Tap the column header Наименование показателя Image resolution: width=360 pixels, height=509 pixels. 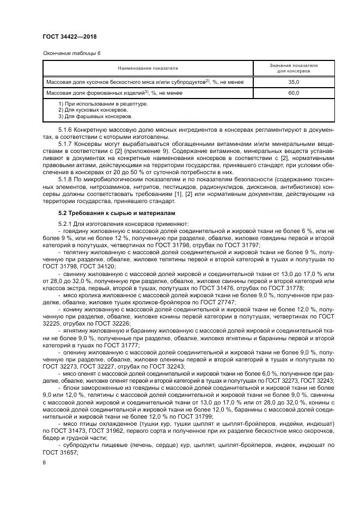148,68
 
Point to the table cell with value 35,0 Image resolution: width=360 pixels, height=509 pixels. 294,82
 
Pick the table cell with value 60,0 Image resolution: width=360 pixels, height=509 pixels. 294,93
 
